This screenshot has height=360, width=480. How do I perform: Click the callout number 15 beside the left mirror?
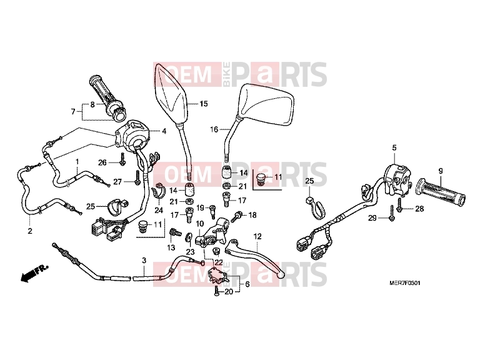204,104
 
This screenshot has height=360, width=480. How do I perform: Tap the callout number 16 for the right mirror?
214,129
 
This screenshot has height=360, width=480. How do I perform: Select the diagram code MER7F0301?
405,283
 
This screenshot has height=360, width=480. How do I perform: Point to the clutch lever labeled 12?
255,256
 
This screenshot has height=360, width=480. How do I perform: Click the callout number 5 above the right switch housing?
394,148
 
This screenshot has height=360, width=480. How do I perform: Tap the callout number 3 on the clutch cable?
144,261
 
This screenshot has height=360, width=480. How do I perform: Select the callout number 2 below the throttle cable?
30,231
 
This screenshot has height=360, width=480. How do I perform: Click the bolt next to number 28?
399,205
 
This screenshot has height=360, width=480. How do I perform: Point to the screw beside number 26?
122,159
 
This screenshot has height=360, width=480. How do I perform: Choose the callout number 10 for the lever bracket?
199,224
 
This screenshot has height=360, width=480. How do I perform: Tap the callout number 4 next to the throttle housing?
164,131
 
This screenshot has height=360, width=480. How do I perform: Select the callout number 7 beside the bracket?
73,112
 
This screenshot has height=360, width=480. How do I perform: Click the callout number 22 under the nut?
219,262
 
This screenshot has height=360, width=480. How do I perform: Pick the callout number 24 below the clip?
159,210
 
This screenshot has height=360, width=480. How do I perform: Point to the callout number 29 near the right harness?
372,218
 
